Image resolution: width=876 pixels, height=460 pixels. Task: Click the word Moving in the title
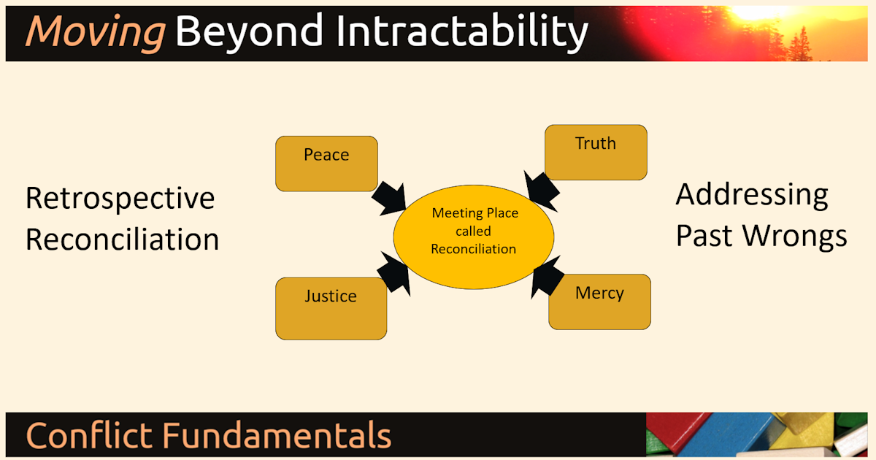tap(95, 32)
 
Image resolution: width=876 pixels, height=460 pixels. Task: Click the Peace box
tap(326, 164)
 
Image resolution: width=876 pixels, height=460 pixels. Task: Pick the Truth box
tap(596, 152)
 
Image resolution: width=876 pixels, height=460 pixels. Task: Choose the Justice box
tap(331, 308)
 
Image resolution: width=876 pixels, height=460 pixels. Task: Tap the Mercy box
tap(599, 302)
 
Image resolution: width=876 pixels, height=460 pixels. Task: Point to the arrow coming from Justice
tap(393, 275)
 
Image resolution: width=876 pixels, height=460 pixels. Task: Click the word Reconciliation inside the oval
tap(473, 249)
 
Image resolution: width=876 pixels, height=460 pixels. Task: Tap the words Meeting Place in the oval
tap(474, 213)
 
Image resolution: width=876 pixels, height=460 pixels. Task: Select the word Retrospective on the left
tap(120, 199)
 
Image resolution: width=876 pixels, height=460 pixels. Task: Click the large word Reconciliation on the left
tap(123, 239)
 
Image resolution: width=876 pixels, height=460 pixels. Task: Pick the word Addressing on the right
tap(752, 195)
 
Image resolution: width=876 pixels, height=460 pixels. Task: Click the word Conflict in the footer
tap(90, 435)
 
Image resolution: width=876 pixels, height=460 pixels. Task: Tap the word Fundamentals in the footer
tap(277, 435)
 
